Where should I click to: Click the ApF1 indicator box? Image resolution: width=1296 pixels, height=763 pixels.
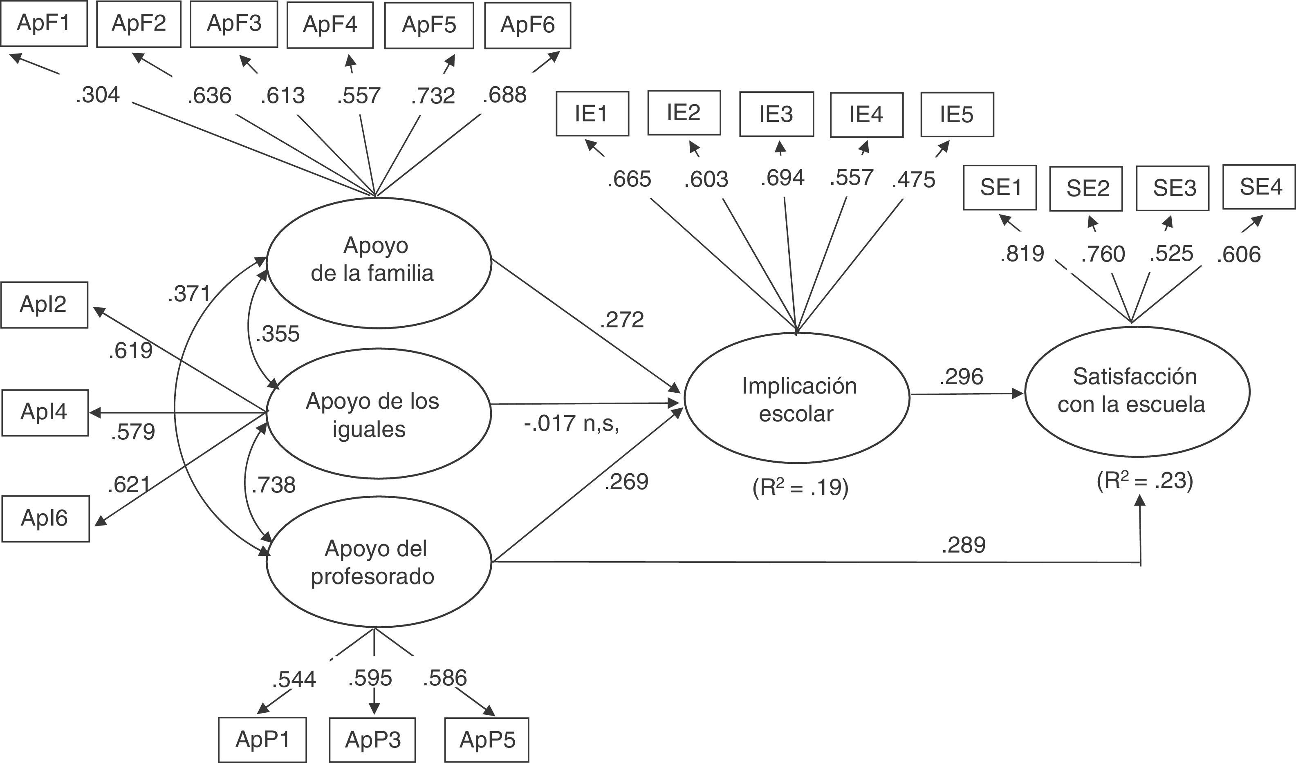pos(44,24)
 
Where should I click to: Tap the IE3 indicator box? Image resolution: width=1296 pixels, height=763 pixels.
pos(776,114)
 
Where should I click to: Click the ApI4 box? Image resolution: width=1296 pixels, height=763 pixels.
pos(45,412)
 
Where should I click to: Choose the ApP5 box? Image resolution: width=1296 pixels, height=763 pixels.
pos(487,740)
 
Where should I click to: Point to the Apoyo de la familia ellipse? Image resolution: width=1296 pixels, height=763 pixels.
pos(379,262)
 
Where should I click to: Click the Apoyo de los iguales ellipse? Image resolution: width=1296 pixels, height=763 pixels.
pos(379,414)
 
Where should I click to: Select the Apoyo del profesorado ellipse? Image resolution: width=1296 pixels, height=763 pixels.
pos(379,563)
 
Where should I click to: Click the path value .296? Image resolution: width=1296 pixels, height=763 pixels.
pos(961,377)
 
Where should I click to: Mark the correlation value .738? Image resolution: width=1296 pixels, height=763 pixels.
pos(274,485)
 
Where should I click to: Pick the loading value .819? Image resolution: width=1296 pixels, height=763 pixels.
pos(1022,254)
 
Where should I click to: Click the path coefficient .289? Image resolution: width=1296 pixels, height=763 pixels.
pos(963,545)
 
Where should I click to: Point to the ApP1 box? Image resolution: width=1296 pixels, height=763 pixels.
pos(262,740)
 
